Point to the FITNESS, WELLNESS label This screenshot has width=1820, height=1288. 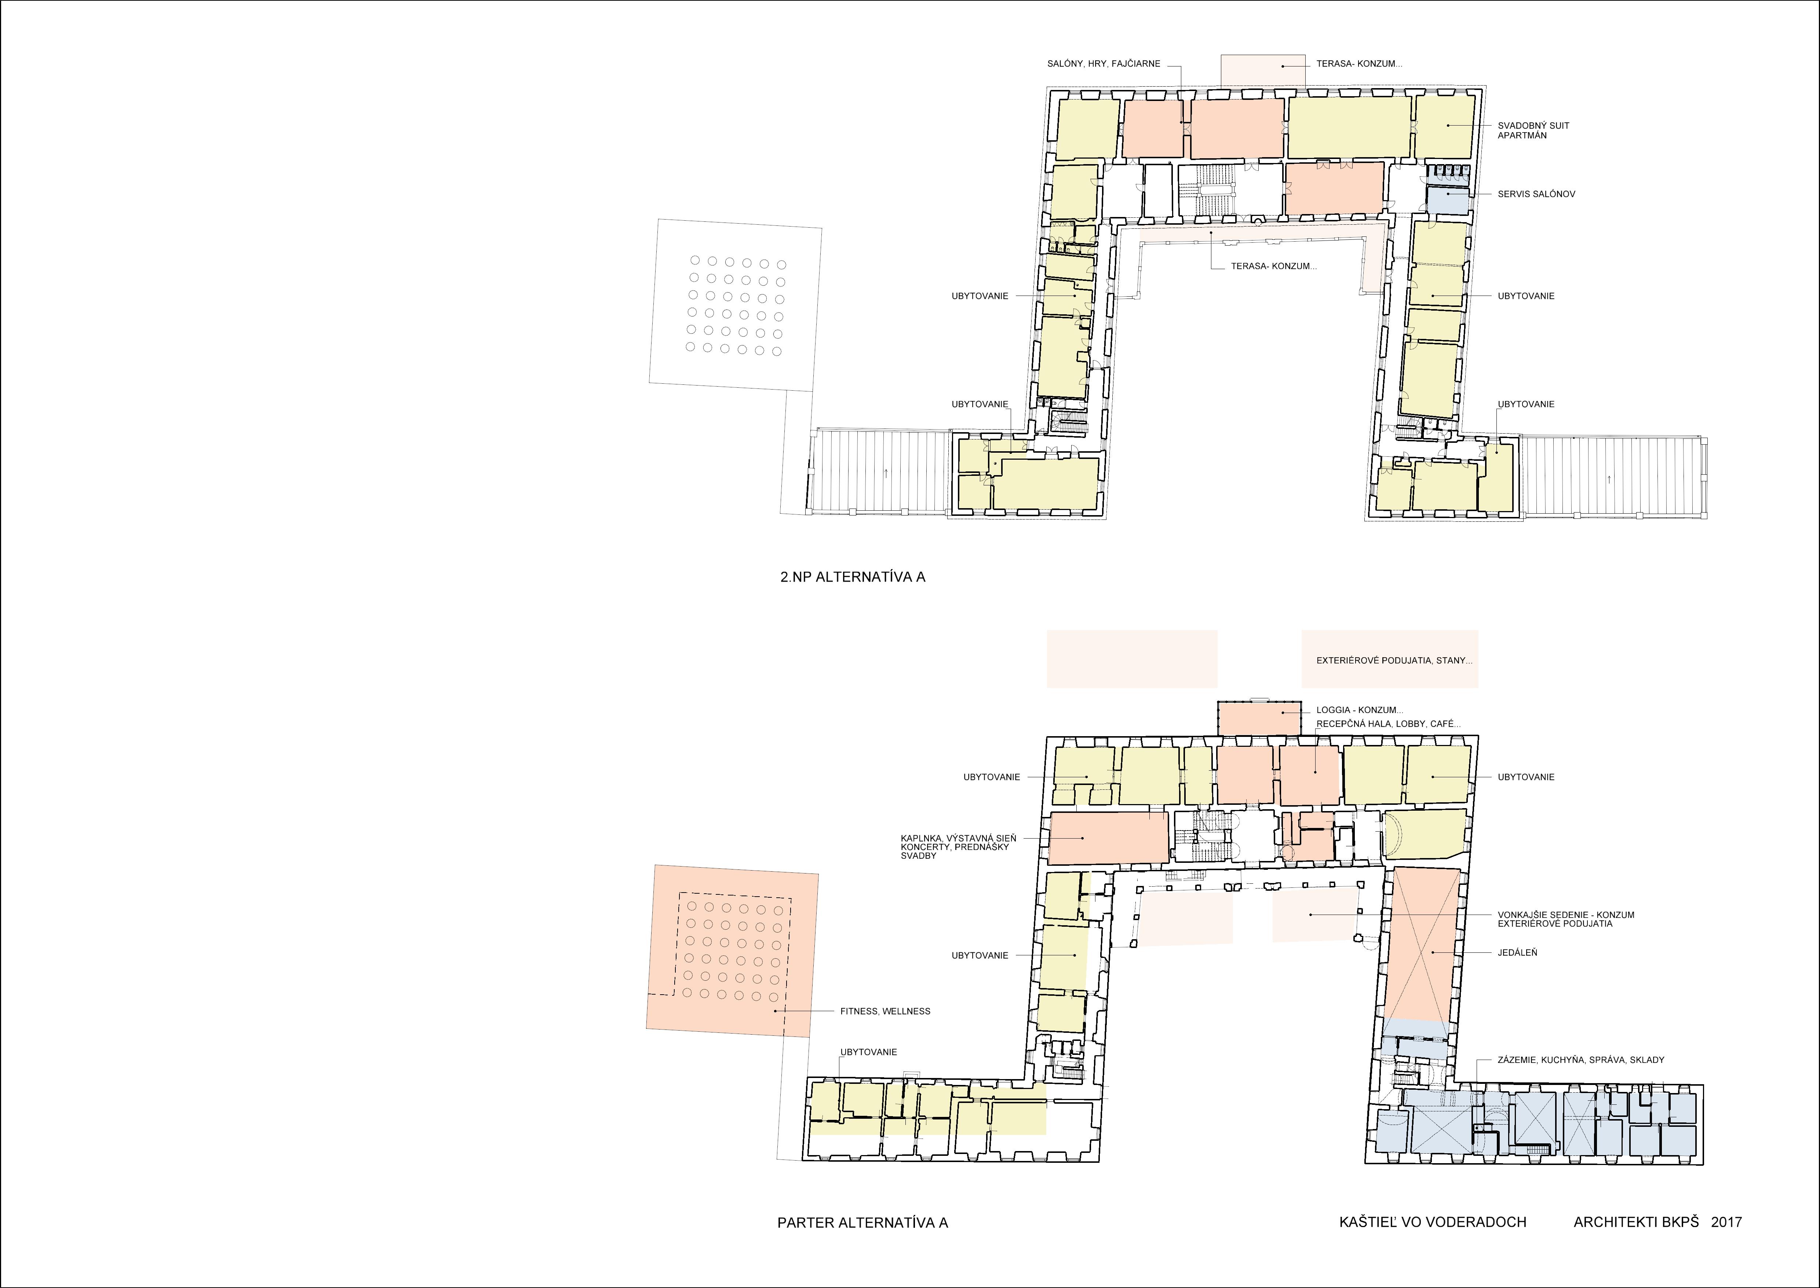886,1011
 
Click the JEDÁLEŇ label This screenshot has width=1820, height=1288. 1517,952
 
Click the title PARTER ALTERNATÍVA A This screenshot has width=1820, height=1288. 862,1222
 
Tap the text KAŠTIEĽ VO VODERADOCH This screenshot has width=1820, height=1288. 1432,1222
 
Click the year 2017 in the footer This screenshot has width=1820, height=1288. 1726,1222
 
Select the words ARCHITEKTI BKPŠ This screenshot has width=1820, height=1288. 1636,1222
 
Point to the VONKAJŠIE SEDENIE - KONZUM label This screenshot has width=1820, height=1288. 1565,915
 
